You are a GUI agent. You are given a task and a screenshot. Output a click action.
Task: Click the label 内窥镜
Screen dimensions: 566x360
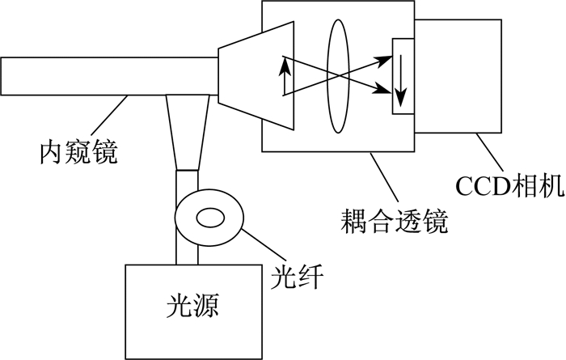[x=78, y=153]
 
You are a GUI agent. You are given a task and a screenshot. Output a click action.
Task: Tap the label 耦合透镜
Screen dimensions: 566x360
[x=395, y=220]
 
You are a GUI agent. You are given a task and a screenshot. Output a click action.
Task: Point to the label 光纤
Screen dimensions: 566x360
[x=297, y=277]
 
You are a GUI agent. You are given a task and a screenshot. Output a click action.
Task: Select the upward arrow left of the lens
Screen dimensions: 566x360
[x=285, y=76]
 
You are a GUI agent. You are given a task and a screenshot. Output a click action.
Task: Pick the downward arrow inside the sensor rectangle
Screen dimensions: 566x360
[x=401, y=81]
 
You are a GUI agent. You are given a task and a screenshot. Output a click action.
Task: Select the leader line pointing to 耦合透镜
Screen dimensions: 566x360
[x=384, y=177]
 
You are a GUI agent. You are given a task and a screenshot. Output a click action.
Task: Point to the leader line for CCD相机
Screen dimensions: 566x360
[x=489, y=152]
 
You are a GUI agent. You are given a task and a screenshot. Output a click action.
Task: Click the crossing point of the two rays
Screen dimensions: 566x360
[x=338, y=75]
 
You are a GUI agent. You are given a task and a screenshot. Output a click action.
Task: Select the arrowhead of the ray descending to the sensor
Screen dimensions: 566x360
[x=383, y=90]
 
